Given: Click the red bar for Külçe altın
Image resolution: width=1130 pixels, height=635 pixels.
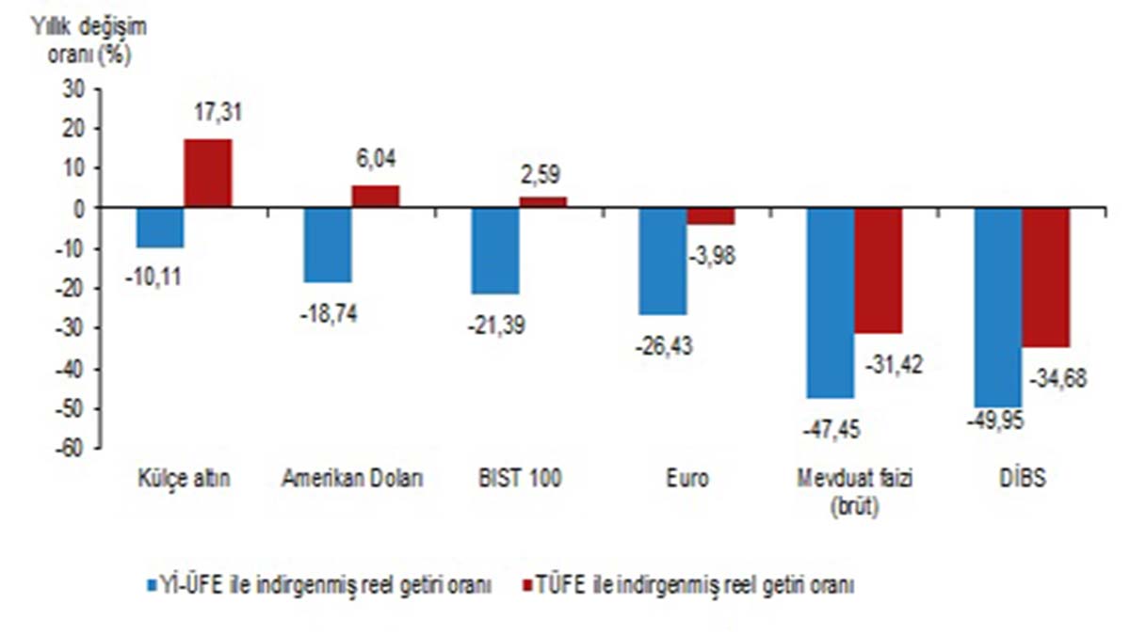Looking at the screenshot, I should click(x=208, y=173).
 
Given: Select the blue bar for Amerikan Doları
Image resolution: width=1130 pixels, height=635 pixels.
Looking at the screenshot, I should click(x=328, y=245).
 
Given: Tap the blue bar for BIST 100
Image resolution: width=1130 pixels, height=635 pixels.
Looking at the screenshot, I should click(x=495, y=250).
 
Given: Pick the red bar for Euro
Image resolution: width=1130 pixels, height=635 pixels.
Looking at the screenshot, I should click(x=711, y=216).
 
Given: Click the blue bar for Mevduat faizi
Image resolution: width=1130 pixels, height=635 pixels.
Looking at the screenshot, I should click(x=831, y=303).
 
